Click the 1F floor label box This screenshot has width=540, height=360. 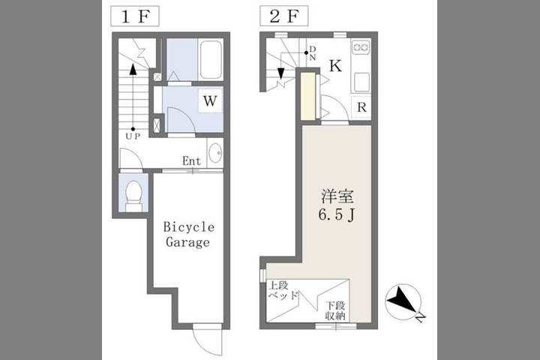coord(135,16)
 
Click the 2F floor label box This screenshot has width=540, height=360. coord(283,16)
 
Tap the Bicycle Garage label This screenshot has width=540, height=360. coord(188,234)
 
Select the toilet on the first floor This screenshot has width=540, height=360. coord(133,196)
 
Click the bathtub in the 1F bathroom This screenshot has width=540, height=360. coord(211,59)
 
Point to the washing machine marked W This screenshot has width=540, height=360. coord(211,100)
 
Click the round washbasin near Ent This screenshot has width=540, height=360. coord(215,153)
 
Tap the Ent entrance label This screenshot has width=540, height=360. coord(191,161)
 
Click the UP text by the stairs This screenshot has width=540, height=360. coord(133,136)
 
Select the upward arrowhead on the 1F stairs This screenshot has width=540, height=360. coord(133,70)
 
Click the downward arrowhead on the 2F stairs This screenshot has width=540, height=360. coord(281,73)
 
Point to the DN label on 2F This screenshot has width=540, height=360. coord(312,53)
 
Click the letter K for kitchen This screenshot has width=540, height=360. coord(335,65)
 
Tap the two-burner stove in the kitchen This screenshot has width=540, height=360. coord(361,46)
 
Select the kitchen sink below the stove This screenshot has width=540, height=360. coord(361,82)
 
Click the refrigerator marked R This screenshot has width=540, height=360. coord(361,107)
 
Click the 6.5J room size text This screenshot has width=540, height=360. coord(337,215)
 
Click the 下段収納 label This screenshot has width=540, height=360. coord(335,310)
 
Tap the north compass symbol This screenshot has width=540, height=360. coord(403,302)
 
